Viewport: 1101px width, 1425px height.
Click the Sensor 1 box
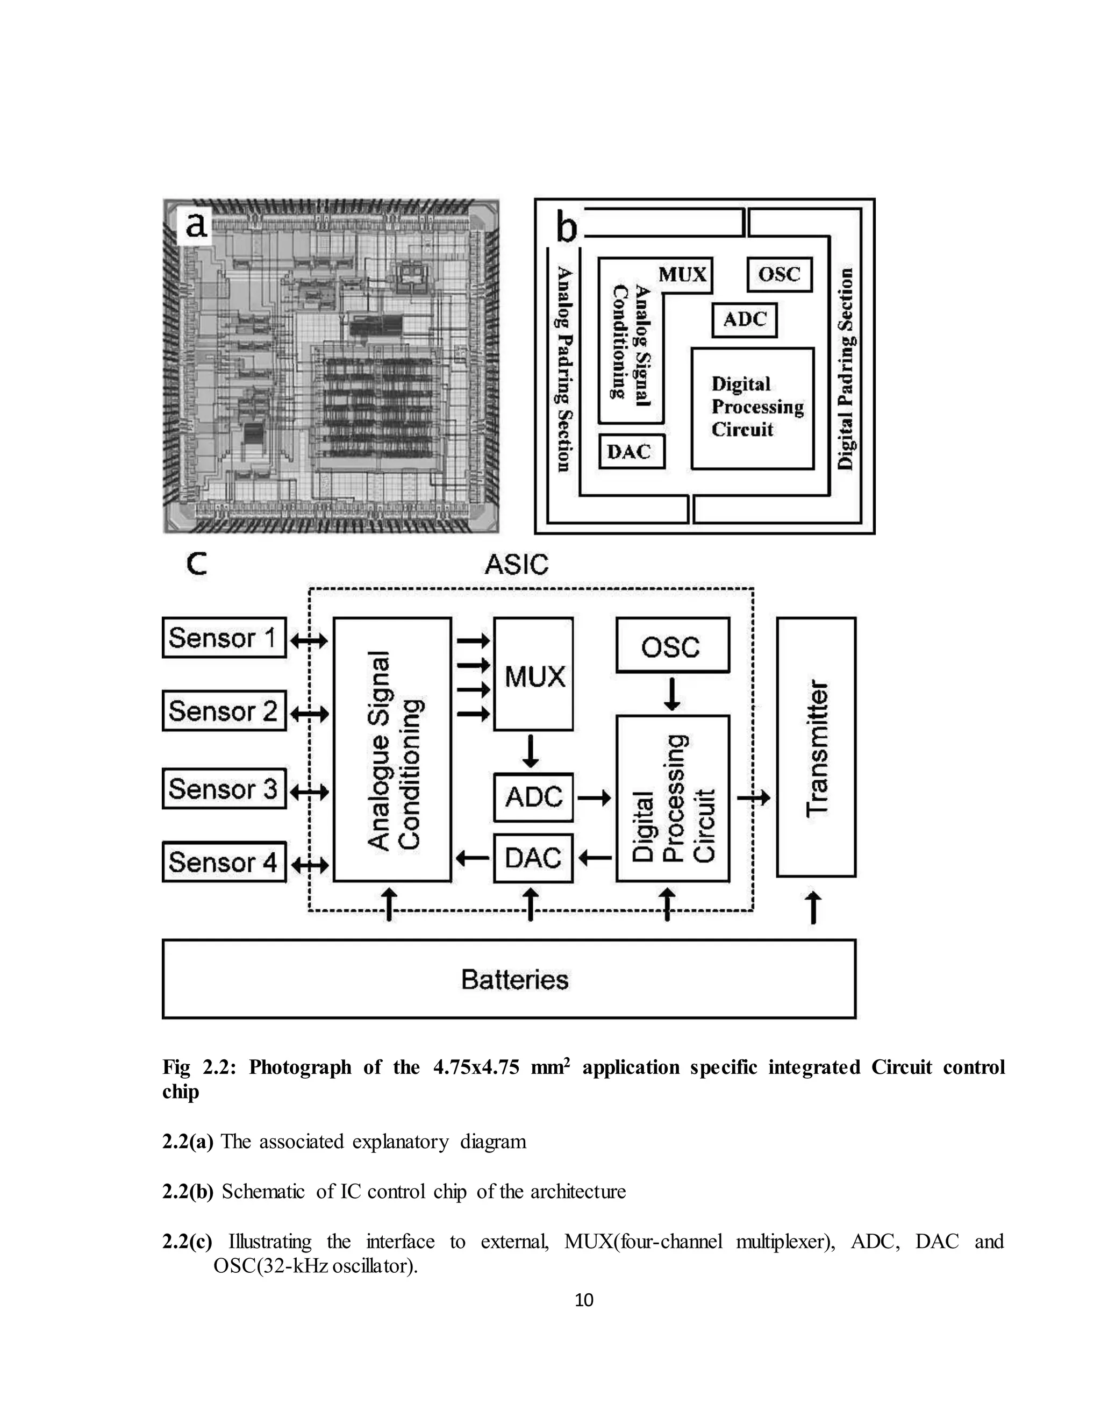coord(224,637)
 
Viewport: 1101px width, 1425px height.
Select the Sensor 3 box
coord(224,789)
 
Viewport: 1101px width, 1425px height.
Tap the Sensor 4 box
coord(224,862)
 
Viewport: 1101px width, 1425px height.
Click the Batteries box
coord(509,979)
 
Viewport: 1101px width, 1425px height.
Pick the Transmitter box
coord(816,747)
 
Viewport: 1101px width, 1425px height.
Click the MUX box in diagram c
coord(533,674)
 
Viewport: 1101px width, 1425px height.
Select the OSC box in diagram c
coord(673,645)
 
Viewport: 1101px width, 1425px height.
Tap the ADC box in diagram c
coord(533,797)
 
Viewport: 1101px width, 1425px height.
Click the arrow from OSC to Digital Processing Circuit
coord(673,694)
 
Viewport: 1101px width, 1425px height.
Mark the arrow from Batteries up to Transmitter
coord(813,908)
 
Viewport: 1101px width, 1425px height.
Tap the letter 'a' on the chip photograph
coord(196,226)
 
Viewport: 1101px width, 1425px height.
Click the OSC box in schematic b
coord(780,274)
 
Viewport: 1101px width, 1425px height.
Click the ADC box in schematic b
coord(744,320)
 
